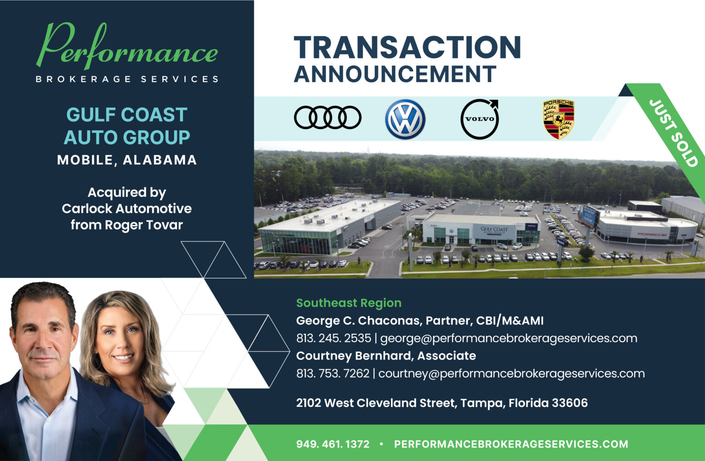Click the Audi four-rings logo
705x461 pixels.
(327, 118)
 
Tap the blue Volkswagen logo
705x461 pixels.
(405, 119)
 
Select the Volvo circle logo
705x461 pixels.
(480, 119)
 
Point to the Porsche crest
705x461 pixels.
(559, 119)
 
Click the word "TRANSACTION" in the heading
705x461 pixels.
(407, 47)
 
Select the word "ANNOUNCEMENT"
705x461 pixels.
(395, 74)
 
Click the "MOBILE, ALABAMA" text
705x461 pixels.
(127, 160)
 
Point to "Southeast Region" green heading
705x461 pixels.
(349, 303)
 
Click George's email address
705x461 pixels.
(509, 338)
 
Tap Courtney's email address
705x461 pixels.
(511, 373)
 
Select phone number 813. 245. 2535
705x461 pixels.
(333, 338)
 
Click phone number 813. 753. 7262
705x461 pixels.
(332, 373)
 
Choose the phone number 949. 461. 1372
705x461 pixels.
(332, 444)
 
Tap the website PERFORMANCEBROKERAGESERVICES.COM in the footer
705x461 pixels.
(511, 444)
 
